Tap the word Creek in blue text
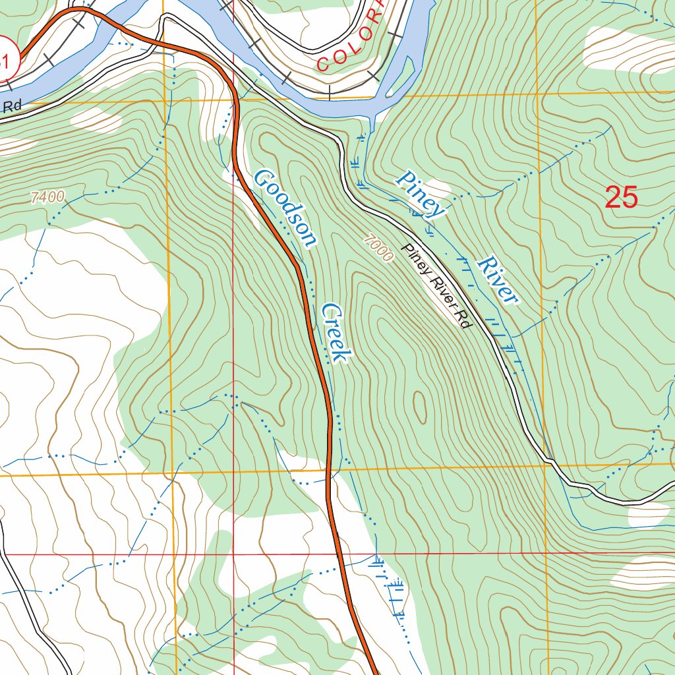(x=334, y=332)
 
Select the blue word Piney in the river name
(x=421, y=194)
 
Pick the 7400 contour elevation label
(x=47, y=196)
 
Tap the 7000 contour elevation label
(x=377, y=249)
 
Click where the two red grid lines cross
(x=233, y=554)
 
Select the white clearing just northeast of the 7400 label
(x=96, y=119)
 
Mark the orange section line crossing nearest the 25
(x=539, y=94)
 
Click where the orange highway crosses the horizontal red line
(x=338, y=554)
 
